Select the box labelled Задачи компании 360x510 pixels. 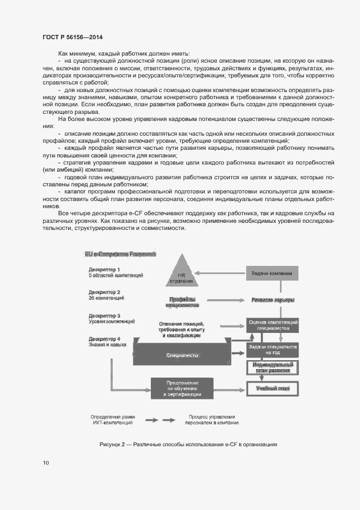click(x=272, y=273)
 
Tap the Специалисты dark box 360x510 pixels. click(x=182, y=355)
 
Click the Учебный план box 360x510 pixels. click(x=273, y=389)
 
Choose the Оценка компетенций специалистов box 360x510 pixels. click(x=273, y=325)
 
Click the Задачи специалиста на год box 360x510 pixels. click(x=273, y=349)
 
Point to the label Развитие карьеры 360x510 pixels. click(x=273, y=300)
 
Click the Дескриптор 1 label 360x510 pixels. click(x=105, y=270)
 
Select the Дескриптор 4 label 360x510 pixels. click(x=105, y=339)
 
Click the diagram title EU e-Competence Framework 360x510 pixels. click(x=120, y=254)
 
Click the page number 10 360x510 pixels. click(x=46, y=463)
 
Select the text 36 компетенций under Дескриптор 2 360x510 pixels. click(x=107, y=298)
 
